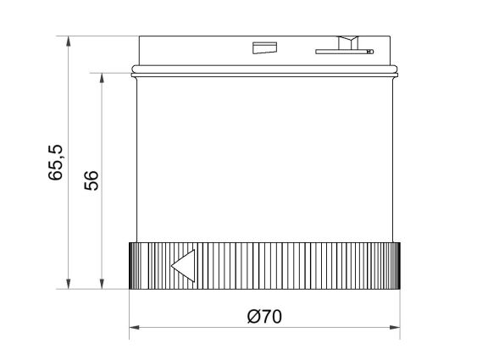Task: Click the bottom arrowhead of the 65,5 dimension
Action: [x=66, y=285]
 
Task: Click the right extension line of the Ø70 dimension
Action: [x=400, y=313]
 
